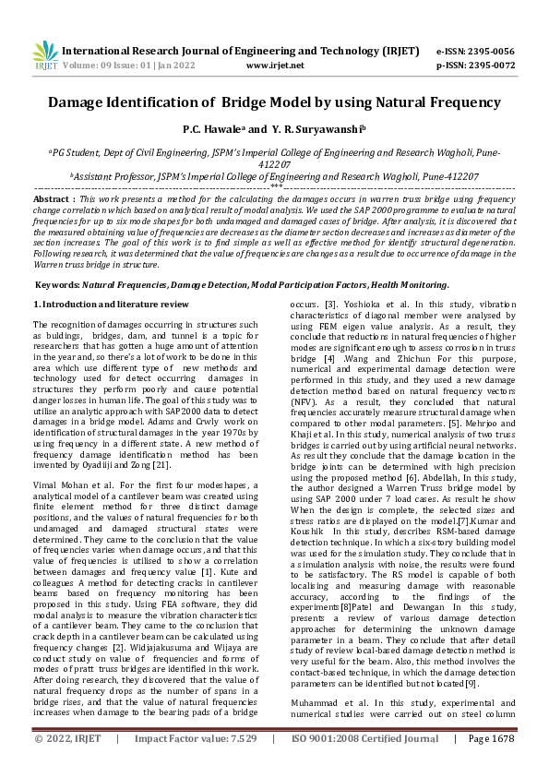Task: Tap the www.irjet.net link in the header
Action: tap(275, 66)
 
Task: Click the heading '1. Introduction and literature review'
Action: tap(111, 304)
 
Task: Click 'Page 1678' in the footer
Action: tap(490, 764)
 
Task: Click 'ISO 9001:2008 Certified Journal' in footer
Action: tap(364, 764)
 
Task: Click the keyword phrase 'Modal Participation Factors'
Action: tap(305, 285)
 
